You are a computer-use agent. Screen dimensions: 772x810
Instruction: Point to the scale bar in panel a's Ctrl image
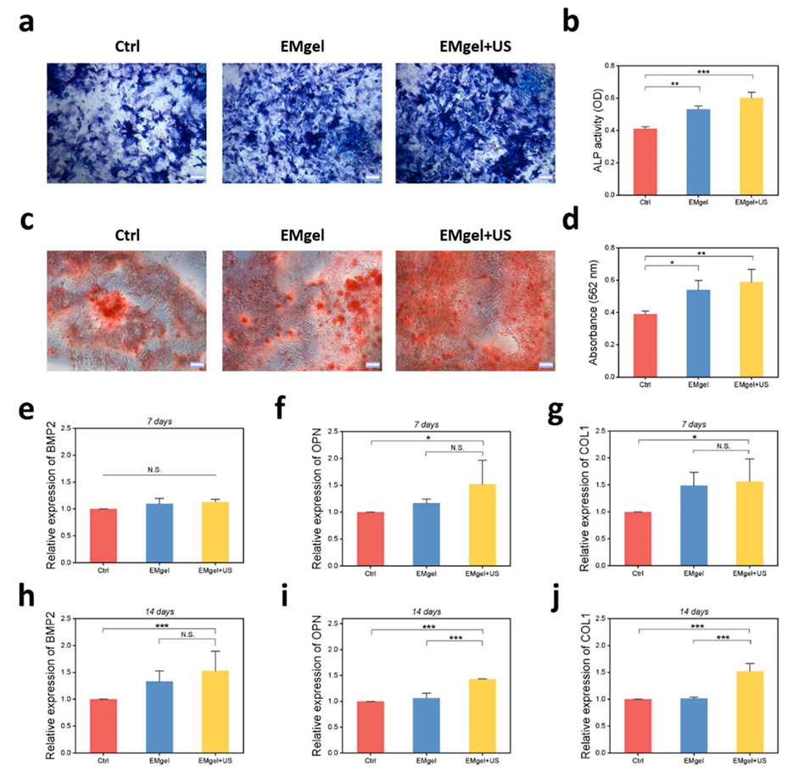[197, 177]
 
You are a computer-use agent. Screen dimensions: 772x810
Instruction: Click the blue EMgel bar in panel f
[426, 534]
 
